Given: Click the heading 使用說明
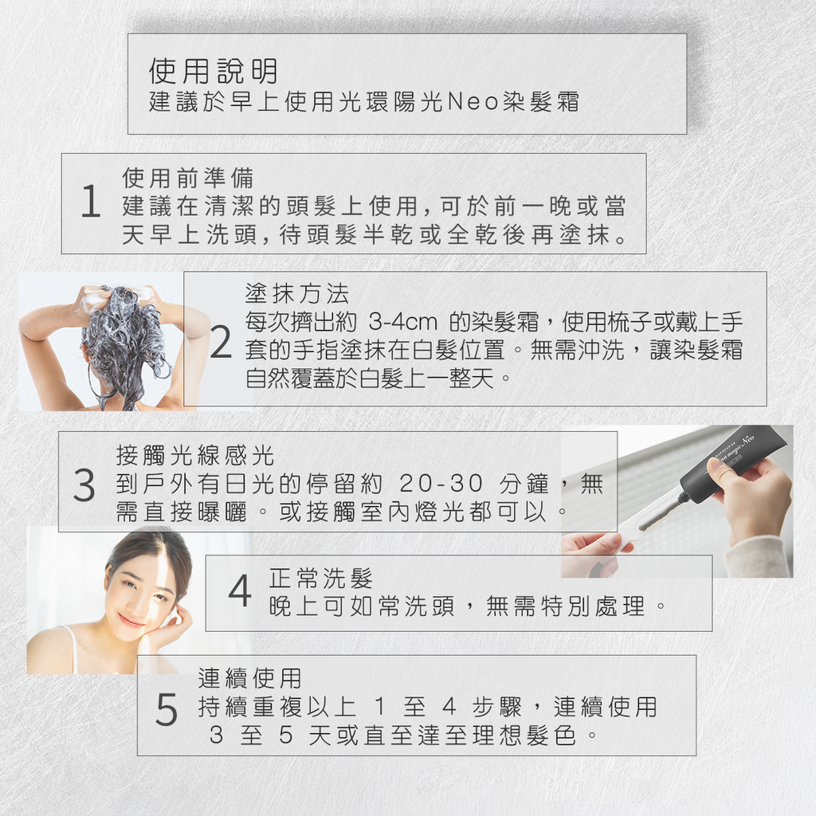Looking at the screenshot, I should pos(213,72).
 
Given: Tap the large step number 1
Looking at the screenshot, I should pos(91,203).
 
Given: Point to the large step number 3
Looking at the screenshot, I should pos(84,485).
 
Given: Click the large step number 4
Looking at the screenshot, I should pos(239,592).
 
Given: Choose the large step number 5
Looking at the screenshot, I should pos(166,710).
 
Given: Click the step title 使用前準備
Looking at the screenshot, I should pos(187,178).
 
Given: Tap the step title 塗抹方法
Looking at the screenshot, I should pos(296,294).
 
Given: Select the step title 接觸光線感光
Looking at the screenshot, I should pos(194,455).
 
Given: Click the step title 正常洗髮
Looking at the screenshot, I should pos(320,578).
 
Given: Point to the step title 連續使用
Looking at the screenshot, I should pos(249,678).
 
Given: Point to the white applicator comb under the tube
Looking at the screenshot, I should pos(649,518).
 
